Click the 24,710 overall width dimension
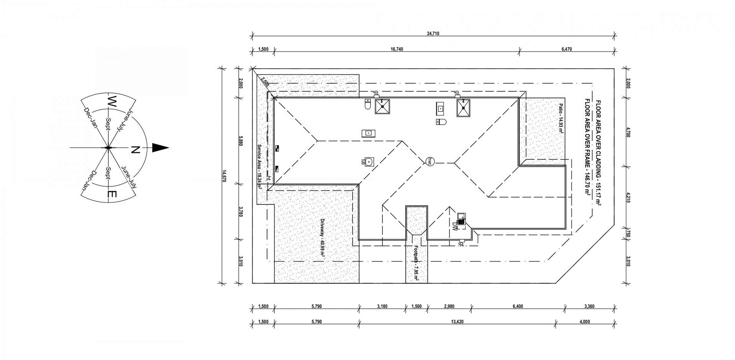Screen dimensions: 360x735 click(x=433, y=34)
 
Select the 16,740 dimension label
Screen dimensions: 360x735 click(x=397, y=49)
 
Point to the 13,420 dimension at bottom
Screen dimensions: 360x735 click(x=458, y=322)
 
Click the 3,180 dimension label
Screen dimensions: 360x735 click(x=382, y=306)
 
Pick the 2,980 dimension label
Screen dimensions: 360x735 click(x=449, y=306)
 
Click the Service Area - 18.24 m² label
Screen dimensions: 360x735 click(x=259, y=167)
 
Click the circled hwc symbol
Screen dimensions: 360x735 click(x=430, y=161)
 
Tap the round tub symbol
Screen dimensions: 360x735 click(x=368, y=162)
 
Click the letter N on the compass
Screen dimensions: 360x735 click(x=135, y=150)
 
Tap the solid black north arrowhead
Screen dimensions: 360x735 click(x=160, y=148)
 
